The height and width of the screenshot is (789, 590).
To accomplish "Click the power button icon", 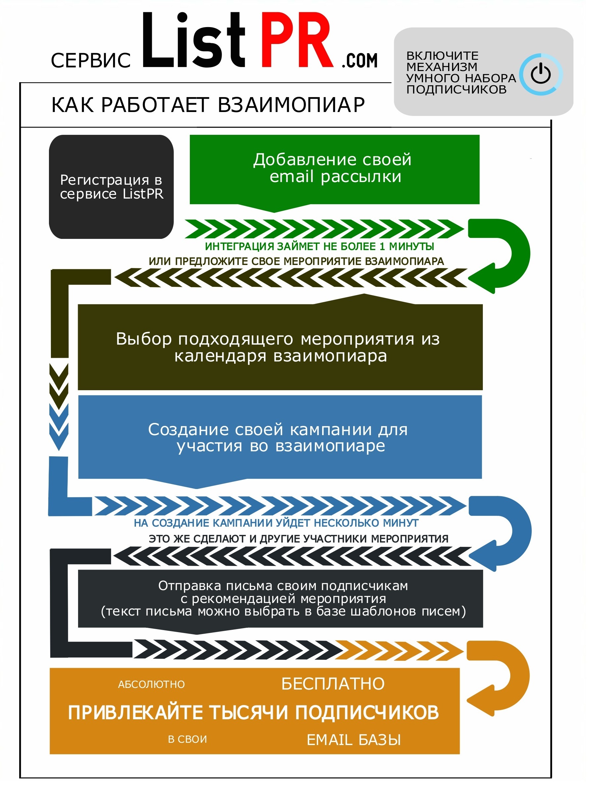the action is click(x=540, y=74).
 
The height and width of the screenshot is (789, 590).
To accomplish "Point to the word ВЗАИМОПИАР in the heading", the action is click(x=291, y=104).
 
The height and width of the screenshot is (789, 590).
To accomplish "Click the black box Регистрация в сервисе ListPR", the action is click(x=111, y=187).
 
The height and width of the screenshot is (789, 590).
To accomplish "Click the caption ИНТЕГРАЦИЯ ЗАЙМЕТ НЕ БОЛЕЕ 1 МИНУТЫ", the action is click(x=319, y=246).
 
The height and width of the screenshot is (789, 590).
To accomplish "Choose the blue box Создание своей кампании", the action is click(x=280, y=439).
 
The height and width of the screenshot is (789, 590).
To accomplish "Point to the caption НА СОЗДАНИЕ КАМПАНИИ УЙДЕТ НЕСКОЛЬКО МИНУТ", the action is click(x=276, y=523).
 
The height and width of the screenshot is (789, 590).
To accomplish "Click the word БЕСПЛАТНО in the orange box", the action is click(x=333, y=684).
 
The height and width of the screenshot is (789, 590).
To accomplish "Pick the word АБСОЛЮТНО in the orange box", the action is click(x=151, y=684).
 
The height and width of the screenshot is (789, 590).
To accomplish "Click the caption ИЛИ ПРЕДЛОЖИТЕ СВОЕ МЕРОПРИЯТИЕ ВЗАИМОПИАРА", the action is click(x=296, y=261).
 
